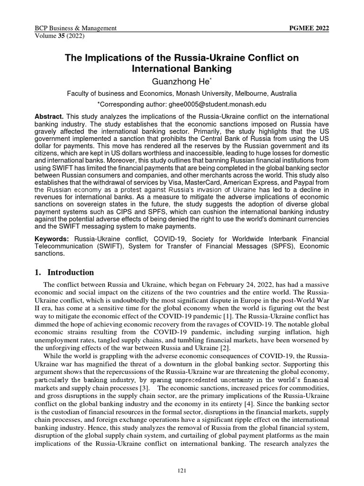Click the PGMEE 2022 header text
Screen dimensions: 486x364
pos(309,28)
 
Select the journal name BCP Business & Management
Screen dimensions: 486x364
pos(76,28)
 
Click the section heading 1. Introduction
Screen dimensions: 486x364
pos(65,272)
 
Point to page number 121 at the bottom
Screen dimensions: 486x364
pos(182,470)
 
